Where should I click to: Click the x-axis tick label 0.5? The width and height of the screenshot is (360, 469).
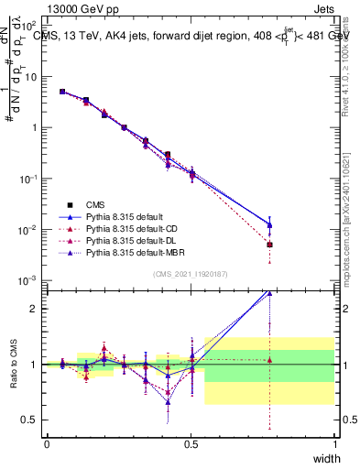pos(191,444)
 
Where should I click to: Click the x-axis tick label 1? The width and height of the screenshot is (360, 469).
pos(334,444)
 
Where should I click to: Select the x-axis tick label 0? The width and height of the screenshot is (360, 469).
pos(47,444)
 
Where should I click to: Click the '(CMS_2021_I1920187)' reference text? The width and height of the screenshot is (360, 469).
pos(191,274)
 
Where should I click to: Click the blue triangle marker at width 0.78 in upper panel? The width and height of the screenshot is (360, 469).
pos(269,224)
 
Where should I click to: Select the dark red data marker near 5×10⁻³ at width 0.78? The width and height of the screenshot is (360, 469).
pos(269,245)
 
